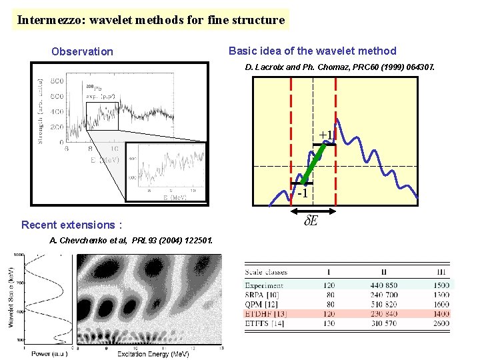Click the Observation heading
pyautogui.click(x=83, y=51)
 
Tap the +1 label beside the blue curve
pyautogui.click(x=325, y=135)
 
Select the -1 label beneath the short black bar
pyautogui.click(x=302, y=193)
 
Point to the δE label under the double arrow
pyautogui.click(x=311, y=221)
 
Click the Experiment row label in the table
pyautogui.click(x=265, y=285)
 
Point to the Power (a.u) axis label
pyautogui.click(x=46, y=353)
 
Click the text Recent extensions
pyautogui.click(x=71, y=225)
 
